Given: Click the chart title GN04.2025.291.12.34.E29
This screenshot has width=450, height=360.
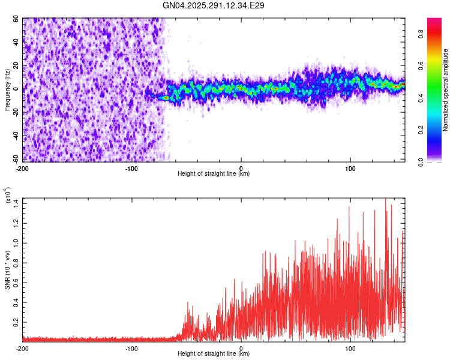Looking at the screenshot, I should pyautogui.click(x=214, y=5).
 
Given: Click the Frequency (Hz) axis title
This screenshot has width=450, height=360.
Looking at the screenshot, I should pyautogui.click(x=8, y=90).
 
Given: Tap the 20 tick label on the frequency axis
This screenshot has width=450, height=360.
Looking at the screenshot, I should pyautogui.click(x=16, y=65).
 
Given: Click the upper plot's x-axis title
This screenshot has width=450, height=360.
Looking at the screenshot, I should pyautogui.click(x=214, y=173).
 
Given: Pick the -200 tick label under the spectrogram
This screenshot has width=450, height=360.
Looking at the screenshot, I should pyautogui.click(x=23, y=168).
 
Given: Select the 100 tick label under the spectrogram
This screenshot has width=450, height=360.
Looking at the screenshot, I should pyautogui.click(x=350, y=168).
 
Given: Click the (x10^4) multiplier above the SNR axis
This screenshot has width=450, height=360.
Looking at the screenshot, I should pyautogui.click(x=8, y=196).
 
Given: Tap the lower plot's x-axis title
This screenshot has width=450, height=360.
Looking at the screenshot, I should pyautogui.click(x=214, y=353).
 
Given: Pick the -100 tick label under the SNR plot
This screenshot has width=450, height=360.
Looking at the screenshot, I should pyautogui.click(x=132, y=348).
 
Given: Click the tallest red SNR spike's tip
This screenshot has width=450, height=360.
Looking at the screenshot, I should pyautogui.click(x=385, y=199).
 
